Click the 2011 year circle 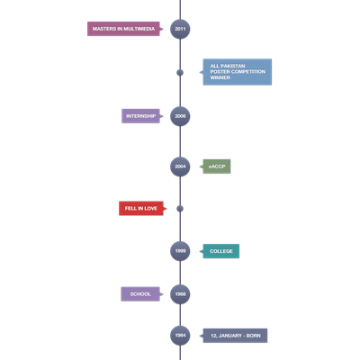point(180,29)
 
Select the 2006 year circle point(180,116)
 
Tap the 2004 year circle point(180,166)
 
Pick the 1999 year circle point(180,251)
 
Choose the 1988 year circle point(180,294)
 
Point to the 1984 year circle point(180,336)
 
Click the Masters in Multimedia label point(123,29)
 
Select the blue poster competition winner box point(238,72)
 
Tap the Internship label point(140,116)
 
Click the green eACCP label point(217,166)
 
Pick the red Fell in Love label point(141,208)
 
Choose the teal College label point(221,251)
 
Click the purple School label point(140,294)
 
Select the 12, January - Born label point(235,336)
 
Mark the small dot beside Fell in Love point(180,209)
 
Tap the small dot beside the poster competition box point(180,72)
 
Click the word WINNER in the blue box point(220,77)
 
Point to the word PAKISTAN point(233,66)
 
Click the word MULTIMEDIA point(139,29)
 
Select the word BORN point(254,336)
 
